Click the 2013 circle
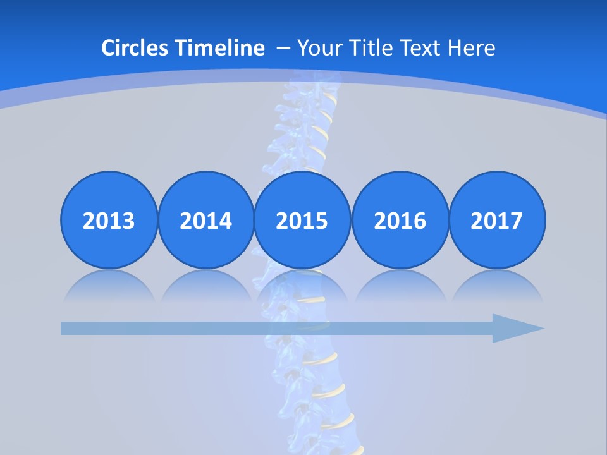[109, 221]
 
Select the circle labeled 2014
[205, 221]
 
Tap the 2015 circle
[302, 221]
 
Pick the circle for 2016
[400, 221]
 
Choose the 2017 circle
[497, 221]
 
